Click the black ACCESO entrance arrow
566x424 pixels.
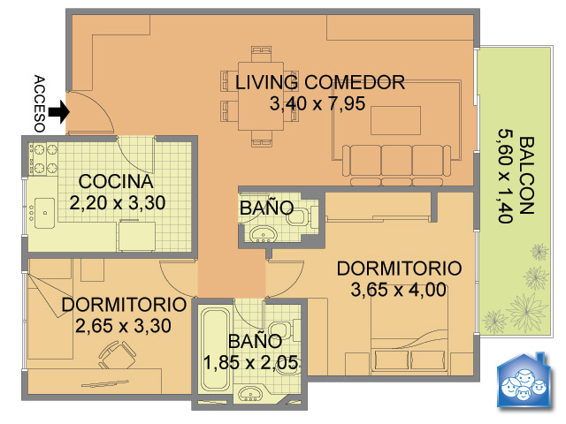(59, 112)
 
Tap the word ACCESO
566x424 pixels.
(39, 104)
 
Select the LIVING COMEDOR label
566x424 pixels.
(320, 82)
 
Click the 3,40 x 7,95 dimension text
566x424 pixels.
(317, 103)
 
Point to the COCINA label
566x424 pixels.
(116, 181)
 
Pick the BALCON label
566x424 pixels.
(526, 176)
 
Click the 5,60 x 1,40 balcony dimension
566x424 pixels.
(505, 176)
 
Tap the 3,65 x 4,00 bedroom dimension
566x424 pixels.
(399, 290)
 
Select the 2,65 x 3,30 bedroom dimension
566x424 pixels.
(123, 326)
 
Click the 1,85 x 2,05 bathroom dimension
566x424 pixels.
(251, 362)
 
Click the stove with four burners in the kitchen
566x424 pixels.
(44, 159)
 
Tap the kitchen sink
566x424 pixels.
(44, 213)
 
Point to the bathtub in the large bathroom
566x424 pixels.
(216, 350)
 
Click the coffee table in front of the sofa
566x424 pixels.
(395, 120)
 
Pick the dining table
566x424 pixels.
(261, 96)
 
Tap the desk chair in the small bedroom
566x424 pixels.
(117, 355)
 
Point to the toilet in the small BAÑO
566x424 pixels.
(299, 216)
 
